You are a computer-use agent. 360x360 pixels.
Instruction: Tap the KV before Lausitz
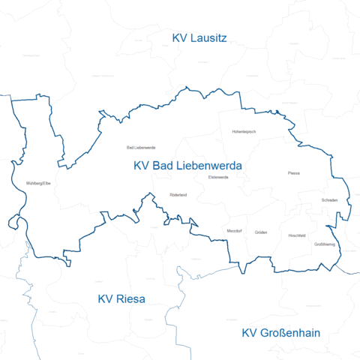(180, 38)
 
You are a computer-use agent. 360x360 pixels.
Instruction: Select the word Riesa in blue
(130, 298)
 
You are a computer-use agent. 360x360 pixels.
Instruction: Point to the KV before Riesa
(106, 298)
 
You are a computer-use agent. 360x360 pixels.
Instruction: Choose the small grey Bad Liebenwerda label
(141, 147)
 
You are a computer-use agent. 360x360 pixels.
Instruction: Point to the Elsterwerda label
(218, 177)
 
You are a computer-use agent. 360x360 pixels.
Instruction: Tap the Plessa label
(293, 173)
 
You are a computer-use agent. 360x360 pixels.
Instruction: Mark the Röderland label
(178, 195)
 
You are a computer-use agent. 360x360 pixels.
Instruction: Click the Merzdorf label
(234, 231)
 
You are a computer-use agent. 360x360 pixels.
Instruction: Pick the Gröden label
(261, 232)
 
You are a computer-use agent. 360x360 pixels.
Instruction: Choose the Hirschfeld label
(297, 235)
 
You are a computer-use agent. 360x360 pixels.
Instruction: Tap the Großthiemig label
(324, 244)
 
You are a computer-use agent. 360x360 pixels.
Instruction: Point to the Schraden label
(330, 200)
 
